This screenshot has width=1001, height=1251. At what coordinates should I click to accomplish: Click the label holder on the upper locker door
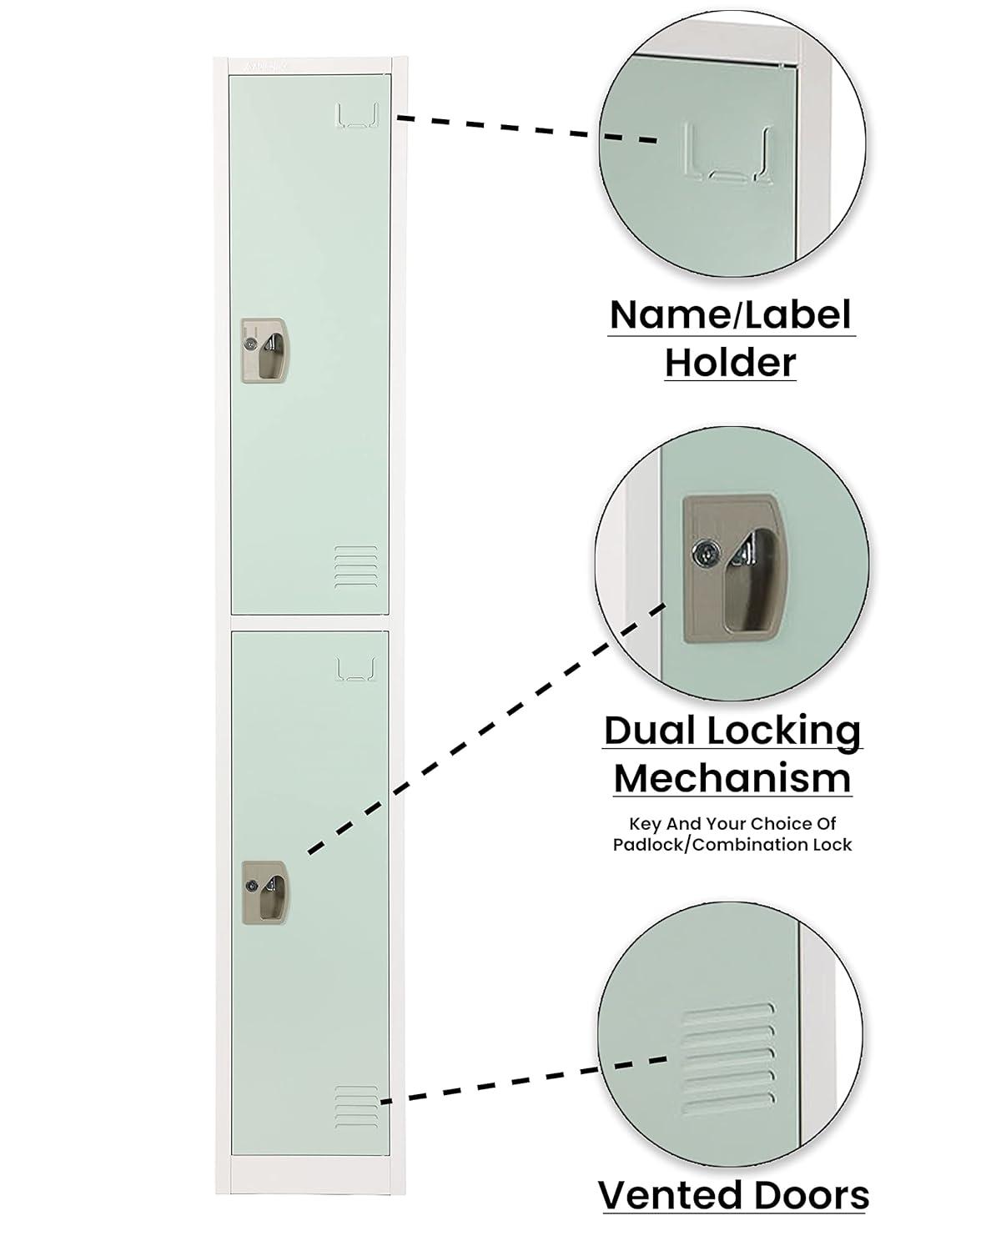pos(357,116)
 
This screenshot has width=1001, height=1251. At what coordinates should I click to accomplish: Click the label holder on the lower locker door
pos(355,669)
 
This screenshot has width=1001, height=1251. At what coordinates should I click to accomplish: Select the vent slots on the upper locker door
pos(355,567)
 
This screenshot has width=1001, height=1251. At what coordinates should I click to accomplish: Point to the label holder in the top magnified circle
pos(727,153)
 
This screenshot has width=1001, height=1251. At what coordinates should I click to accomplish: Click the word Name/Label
pos(731,315)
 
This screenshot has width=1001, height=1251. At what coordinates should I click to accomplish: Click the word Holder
pos(731,363)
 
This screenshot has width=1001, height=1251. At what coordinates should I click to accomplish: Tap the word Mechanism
pos(732,778)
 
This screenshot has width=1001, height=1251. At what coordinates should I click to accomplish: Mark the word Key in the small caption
pos(645,824)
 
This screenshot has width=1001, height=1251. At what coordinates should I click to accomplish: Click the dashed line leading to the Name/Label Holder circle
pos(526,129)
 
